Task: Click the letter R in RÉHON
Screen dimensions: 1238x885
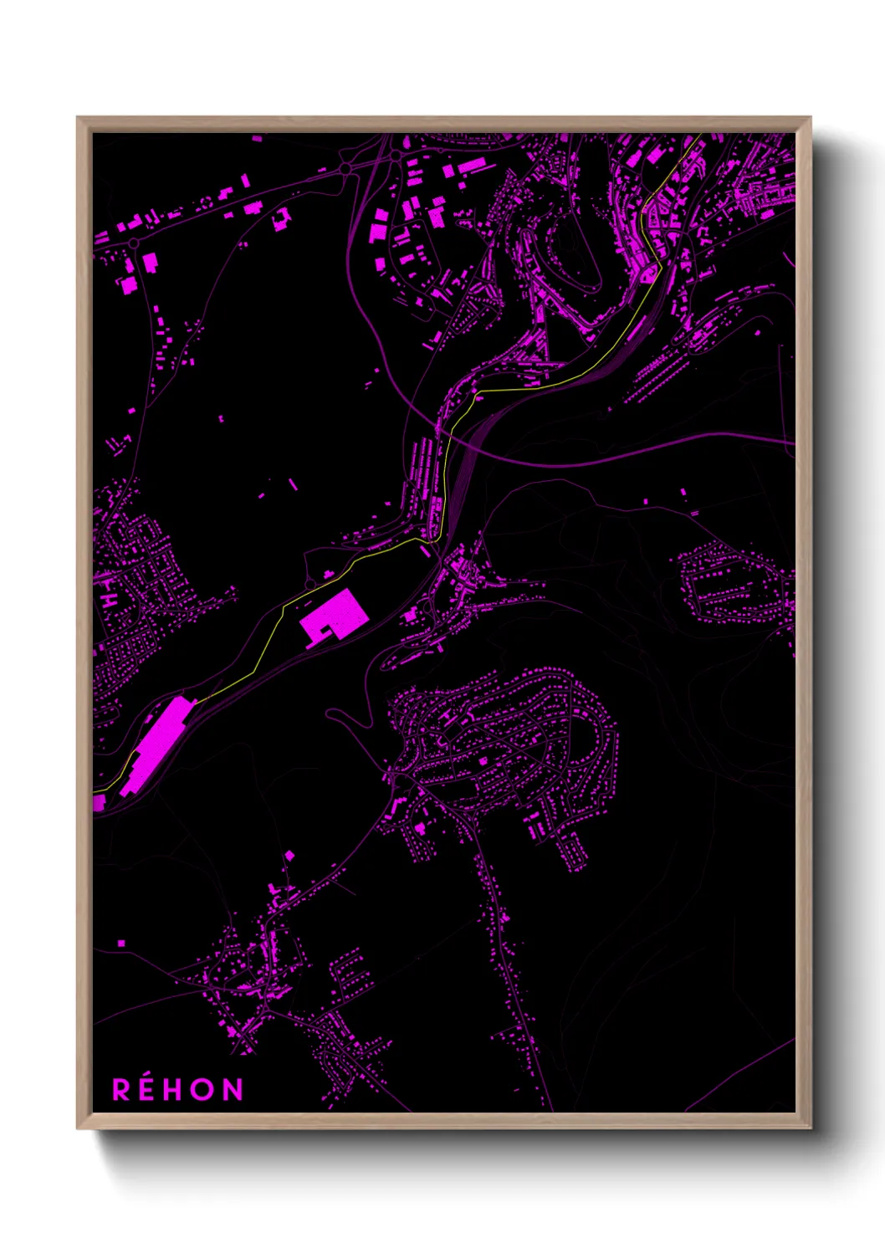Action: click(121, 1090)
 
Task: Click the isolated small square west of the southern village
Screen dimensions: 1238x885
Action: click(121, 944)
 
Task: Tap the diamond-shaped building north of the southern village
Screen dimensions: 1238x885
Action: click(290, 855)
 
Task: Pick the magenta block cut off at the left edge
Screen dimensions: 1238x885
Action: click(98, 803)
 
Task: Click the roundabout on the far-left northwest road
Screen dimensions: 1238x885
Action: click(133, 243)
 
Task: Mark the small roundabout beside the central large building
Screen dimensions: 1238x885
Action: click(310, 583)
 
